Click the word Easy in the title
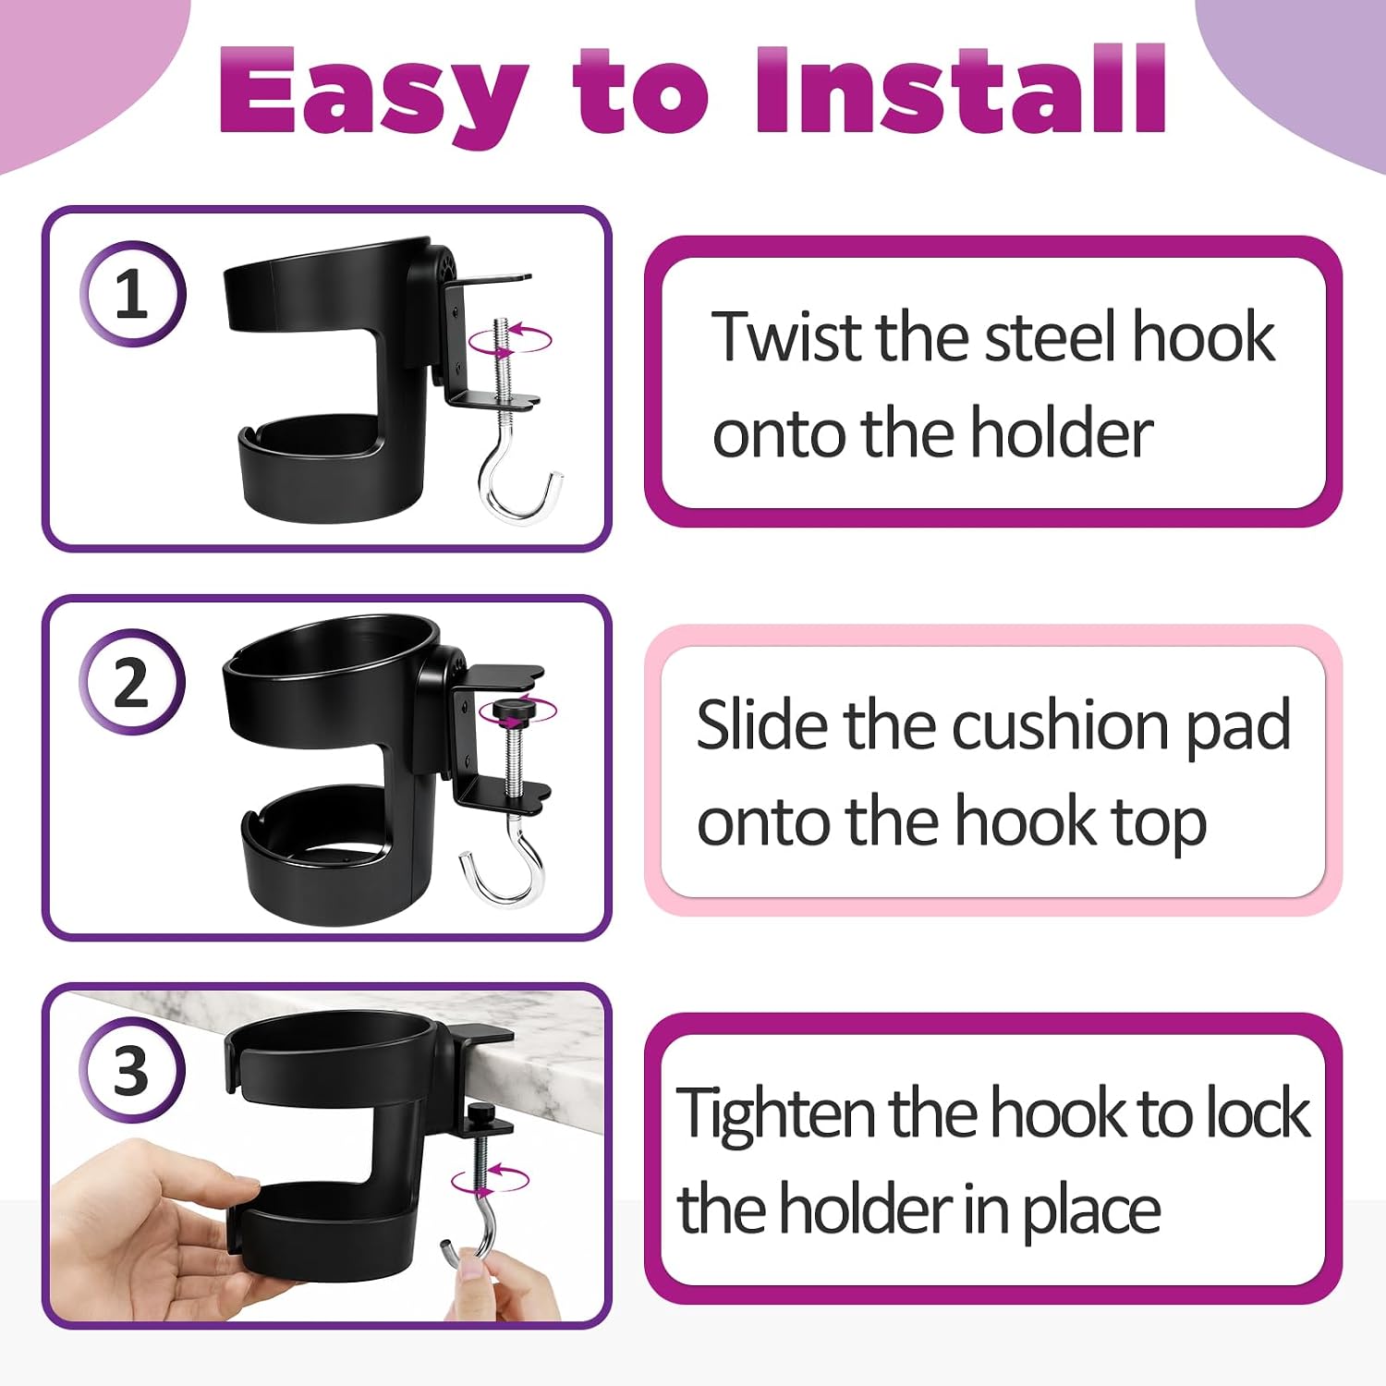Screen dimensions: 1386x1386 coord(373,92)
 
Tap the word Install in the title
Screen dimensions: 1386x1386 coord(961,88)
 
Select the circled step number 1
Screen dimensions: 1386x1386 coord(132,294)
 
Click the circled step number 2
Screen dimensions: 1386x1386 coord(132,683)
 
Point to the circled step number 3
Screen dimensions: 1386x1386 coord(132,1071)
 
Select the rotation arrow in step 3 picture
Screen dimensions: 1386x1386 coord(491,1180)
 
